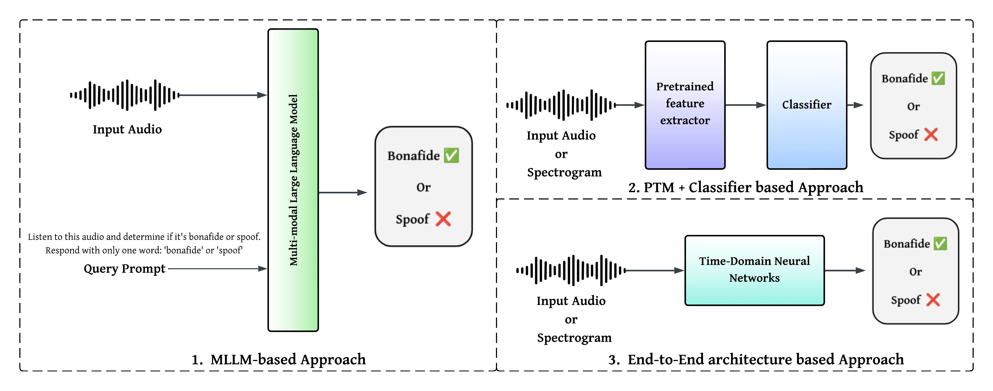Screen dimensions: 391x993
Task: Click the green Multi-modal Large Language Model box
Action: point(293,180)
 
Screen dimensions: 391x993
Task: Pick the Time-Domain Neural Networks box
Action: point(754,270)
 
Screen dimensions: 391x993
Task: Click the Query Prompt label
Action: point(124,268)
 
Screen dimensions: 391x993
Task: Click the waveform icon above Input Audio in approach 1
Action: point(124,95)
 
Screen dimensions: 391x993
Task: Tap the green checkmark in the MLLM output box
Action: point(451,155)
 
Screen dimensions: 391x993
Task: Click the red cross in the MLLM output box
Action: point(443,219)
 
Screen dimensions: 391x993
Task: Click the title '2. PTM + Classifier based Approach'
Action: point(745,187)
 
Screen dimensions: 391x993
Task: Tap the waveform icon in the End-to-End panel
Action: point(571,270)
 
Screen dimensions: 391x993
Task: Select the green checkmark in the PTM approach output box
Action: point(938,78)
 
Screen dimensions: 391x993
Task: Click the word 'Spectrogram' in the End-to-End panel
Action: point(574,338)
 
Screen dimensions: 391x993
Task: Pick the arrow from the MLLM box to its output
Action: point(342,192)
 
